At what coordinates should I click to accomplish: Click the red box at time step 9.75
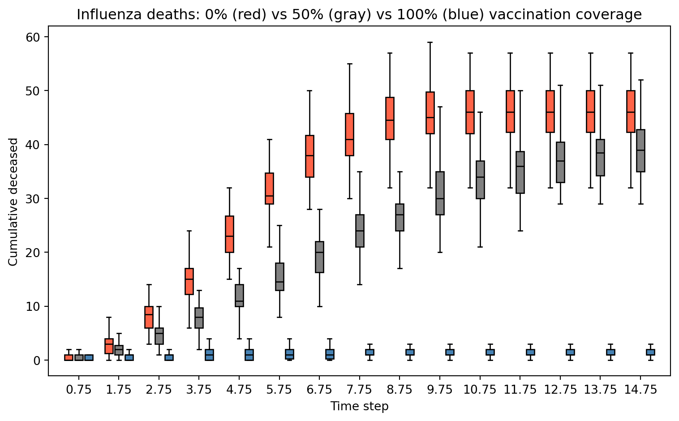click(430, 113)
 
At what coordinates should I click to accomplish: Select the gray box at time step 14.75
click(640, 150)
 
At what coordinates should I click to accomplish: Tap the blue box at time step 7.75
click(370, 352)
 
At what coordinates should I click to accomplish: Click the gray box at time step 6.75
click(319, 257)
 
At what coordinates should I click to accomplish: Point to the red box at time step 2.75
click(149, 317)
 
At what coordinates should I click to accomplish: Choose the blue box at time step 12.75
click(570, 352)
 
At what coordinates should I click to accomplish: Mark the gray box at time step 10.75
click(480, 180)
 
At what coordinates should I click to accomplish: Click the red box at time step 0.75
click(69, 357)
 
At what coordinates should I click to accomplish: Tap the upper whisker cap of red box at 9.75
click(430, 42)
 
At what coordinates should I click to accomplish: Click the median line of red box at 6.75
click(309, 155)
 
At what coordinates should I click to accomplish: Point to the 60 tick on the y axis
click(46, 37)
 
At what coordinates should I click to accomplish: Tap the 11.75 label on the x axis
click(520, 390)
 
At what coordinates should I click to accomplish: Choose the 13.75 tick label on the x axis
click(600, 390)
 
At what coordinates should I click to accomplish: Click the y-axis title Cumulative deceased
click(13, 202)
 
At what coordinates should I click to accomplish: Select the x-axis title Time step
click(359, 406)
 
